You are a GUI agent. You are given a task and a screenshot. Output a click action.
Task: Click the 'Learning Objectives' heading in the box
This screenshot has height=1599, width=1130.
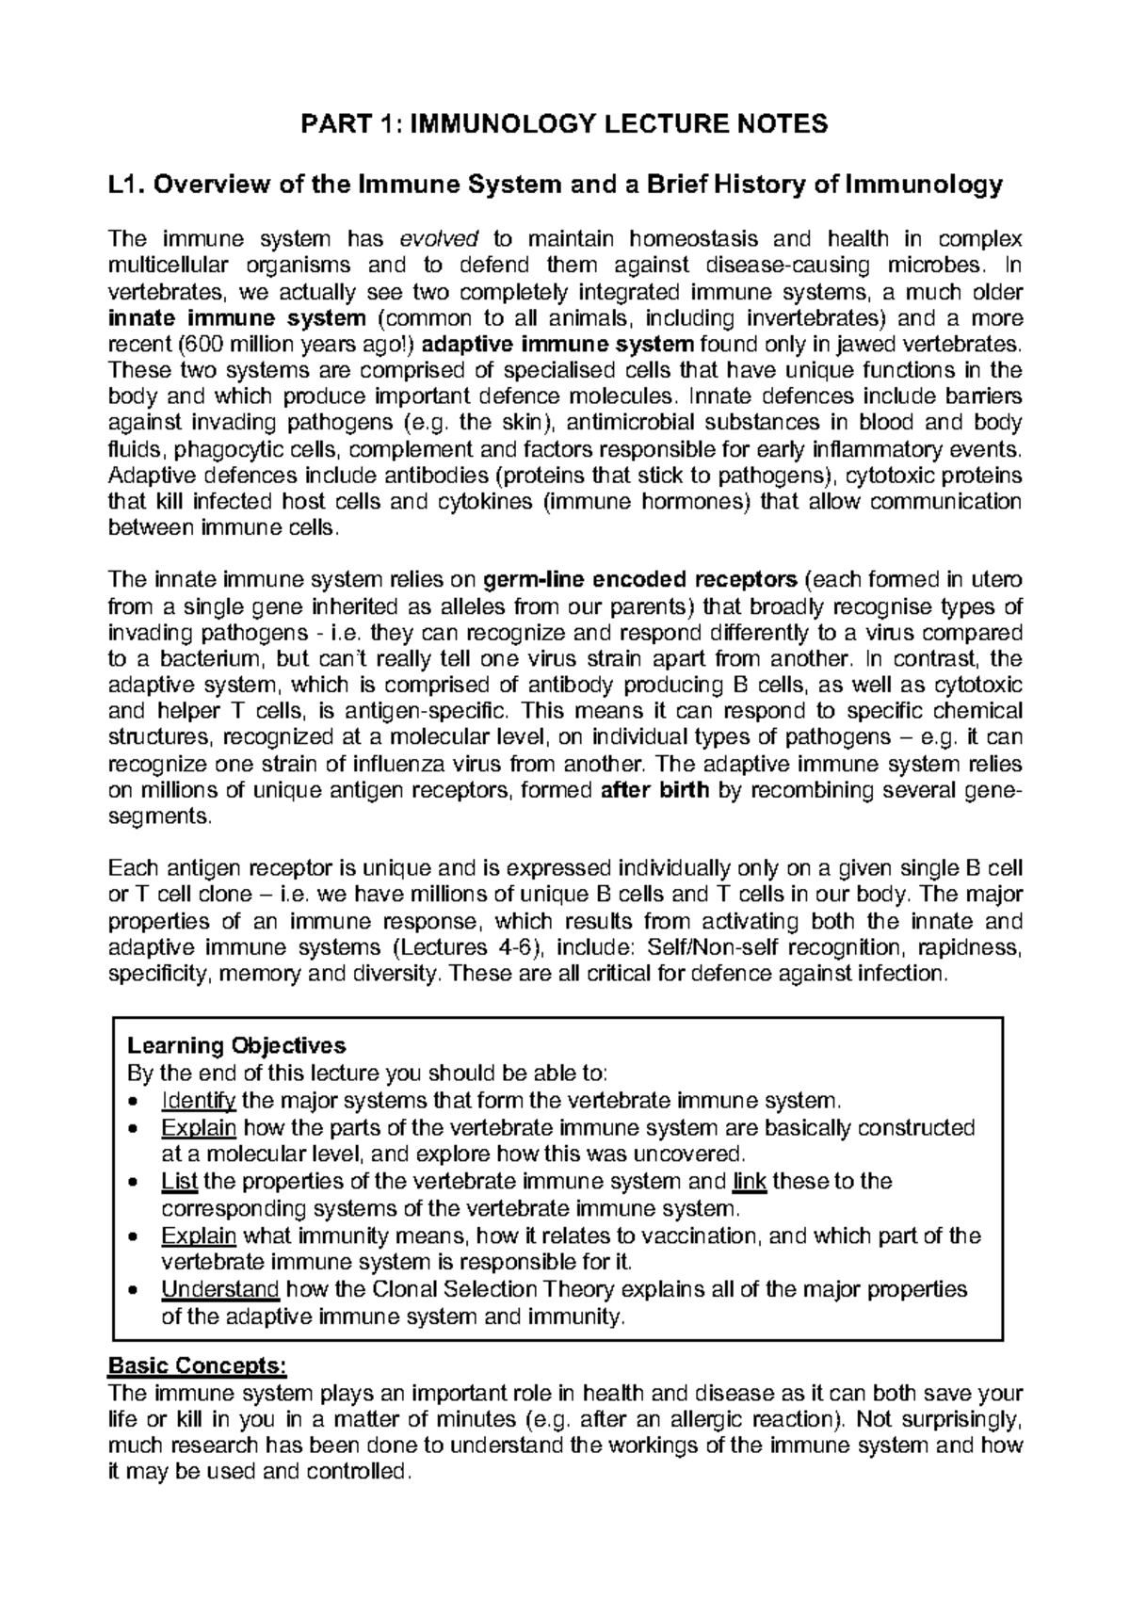[236, 1045]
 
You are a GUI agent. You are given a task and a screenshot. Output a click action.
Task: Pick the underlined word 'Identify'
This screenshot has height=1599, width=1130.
[198, 1100]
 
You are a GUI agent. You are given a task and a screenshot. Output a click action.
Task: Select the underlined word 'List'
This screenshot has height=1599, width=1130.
[179, 1181]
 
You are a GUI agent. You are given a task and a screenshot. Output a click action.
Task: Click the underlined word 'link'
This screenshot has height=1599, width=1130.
[749, 1181]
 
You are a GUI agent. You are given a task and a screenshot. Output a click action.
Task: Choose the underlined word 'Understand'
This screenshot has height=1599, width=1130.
[220, 1289]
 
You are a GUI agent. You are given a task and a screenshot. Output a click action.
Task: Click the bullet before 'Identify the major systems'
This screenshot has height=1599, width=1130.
[137, 1101]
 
